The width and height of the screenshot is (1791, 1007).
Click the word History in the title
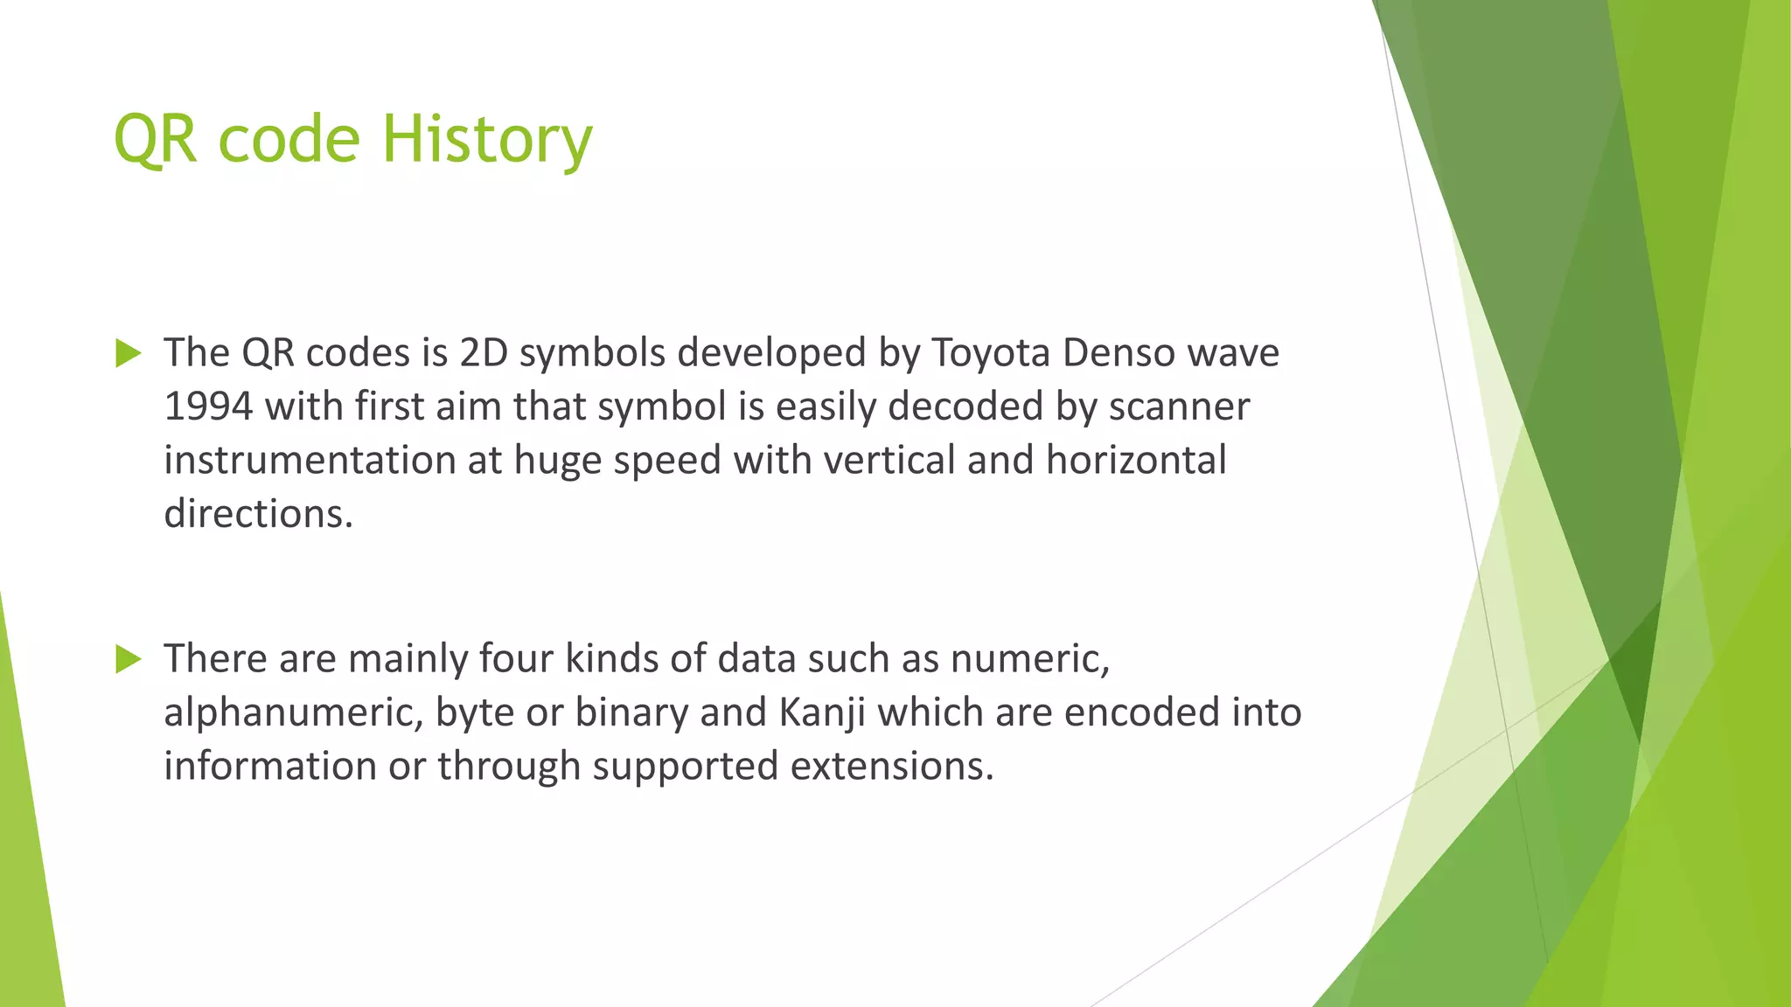click(487, 140)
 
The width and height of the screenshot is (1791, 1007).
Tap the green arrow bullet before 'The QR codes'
click(128, 353)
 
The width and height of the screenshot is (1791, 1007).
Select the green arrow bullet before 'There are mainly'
click(128, 659)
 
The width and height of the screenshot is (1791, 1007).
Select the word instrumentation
click(310, 461)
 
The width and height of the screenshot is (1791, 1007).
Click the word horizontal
click(1136, 461)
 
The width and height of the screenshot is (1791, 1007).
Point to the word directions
click(258, 514)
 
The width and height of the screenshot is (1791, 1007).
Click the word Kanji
click(821, 712)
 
